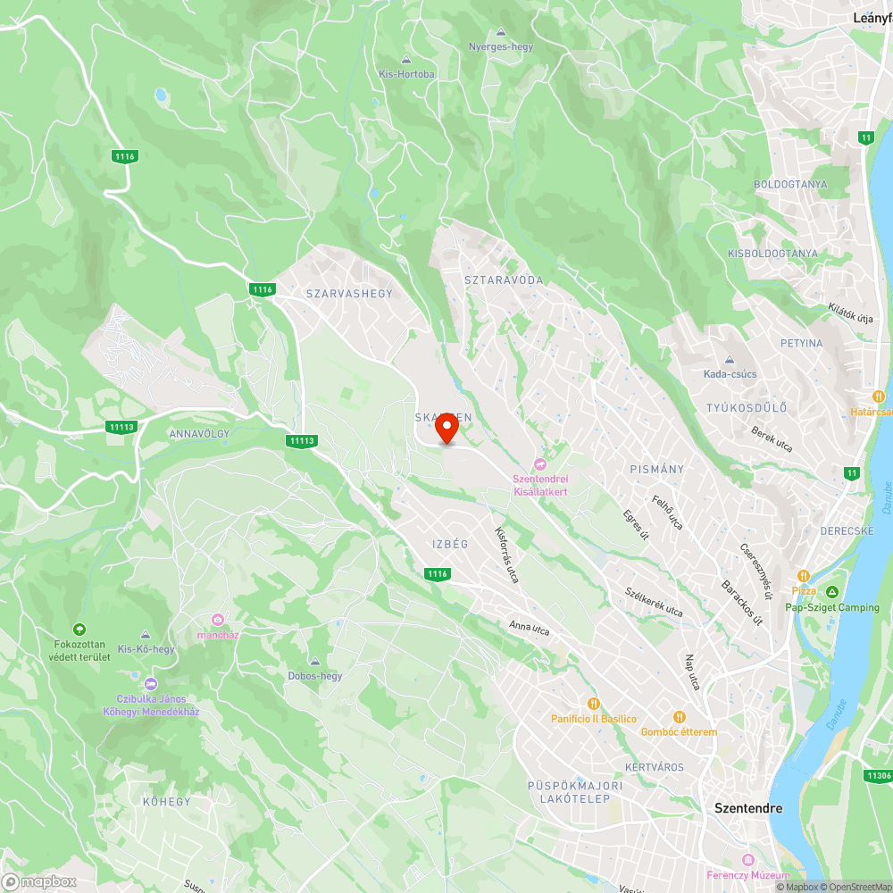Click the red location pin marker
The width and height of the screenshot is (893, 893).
(x=446, y=428)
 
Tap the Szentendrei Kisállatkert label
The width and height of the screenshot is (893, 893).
(x=539, y=485)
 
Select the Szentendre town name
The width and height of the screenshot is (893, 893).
(x=748, y=808)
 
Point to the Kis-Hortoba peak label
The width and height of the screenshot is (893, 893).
(x=406, y=74)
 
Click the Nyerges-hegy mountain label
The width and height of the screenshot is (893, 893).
(x=500, y=46)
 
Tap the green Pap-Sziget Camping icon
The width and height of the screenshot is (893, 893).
(x=832, y=592)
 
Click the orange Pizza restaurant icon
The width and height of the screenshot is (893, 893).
(x=804, y=575)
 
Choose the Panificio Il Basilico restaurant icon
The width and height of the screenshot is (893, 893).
(x=592, y=704)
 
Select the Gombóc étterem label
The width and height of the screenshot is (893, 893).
(x=679, y=731)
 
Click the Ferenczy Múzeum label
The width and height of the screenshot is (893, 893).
(x=747, y=874)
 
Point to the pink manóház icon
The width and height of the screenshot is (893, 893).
(x=218, y=620)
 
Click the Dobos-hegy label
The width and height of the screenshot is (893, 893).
(x=314, y=676)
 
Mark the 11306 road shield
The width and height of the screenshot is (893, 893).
(x=878, y=777)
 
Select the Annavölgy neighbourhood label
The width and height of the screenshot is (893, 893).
(x=199, y=434)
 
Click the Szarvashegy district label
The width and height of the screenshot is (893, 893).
(x=349, y=293)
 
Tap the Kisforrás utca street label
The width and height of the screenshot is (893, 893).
(x=506, y=555)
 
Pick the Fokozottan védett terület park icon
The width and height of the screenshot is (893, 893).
(x=80, y=630)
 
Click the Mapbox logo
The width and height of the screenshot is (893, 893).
(x=40, y=881)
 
